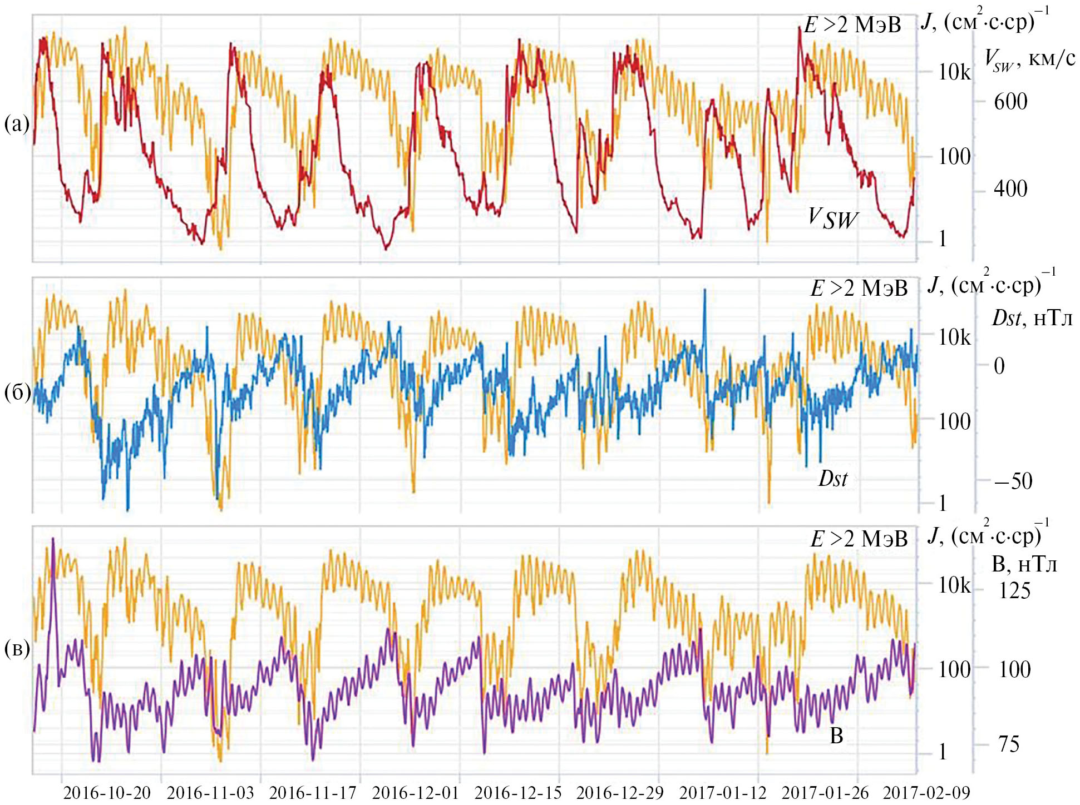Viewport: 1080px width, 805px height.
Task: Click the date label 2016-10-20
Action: pos(107,792)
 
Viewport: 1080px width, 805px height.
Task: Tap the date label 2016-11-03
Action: pos(210,792)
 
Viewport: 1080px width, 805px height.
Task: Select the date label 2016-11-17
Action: pos(313,792)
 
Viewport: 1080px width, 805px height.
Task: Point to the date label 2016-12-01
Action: pos(416,792)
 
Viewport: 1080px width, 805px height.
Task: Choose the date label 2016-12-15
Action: pos(518,792)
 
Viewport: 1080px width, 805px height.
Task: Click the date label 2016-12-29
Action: pos(620,792)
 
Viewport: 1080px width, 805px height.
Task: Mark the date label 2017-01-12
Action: pos(723,792)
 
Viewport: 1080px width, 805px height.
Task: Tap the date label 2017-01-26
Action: pos(825,792)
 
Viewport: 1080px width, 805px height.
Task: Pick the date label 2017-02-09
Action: pos(926,792)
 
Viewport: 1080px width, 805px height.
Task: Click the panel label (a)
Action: pos(17,123)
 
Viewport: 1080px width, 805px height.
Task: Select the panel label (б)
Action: pos(17,392)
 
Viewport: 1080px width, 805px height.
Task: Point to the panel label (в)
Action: pos(17,648)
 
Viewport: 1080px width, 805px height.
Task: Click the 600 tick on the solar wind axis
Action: pos(1010,102)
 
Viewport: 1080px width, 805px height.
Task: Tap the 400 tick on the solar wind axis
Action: pos(1010,189)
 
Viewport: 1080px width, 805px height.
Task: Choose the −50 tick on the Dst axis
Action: pos(1013,481)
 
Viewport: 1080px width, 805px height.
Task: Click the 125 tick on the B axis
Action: pos(1014,590)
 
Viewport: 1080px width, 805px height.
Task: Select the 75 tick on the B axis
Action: pos(1009,744)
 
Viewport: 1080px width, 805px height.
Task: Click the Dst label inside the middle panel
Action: pos(833,478)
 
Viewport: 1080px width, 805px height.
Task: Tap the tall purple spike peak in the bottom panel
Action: pos(53,539)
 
